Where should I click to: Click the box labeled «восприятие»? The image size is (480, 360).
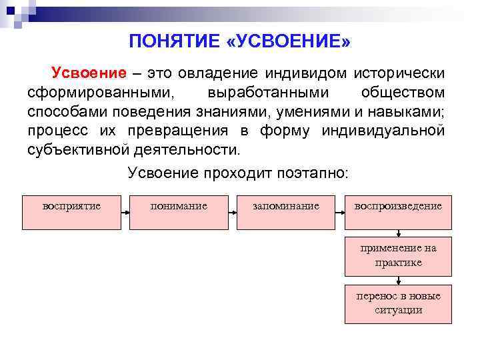tap(71, 211)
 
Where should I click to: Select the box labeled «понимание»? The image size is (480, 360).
tap(179, 211)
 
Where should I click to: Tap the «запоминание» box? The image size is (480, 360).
tap(286, 211)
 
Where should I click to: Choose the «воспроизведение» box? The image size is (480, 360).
tap(398, 211)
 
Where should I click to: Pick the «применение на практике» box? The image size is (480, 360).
tap(398, 255)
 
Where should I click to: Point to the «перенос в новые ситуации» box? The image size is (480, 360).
tap(398, 303)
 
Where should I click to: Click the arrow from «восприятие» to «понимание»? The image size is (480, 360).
tap(125, 212)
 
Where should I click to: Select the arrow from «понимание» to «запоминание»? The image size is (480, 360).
tap(232, 212)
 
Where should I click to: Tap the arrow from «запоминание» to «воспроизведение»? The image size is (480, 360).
tap(340, 212)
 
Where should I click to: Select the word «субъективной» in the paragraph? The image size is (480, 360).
tap(82, 148)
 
